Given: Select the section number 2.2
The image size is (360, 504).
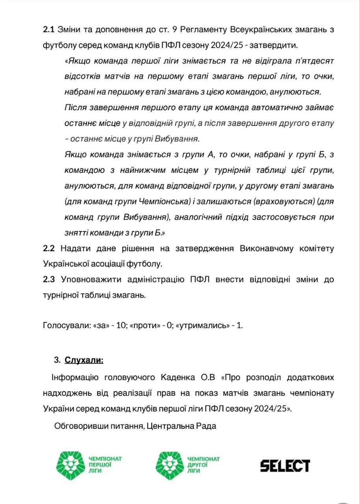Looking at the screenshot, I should (49, 248).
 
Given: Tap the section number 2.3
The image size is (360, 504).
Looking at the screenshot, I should (49, 280).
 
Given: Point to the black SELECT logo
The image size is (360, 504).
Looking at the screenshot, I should (285, 465).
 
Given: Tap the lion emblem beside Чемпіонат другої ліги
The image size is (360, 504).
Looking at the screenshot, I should (170, 465).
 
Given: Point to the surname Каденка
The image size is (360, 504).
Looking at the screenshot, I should (176, 377).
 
